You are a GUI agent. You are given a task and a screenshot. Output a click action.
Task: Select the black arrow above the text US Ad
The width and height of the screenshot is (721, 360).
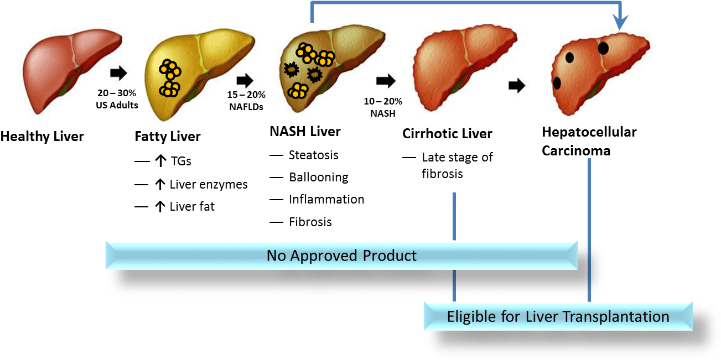(x=118, y=73)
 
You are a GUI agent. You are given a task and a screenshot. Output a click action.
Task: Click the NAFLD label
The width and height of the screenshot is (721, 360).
(x=243, y=107)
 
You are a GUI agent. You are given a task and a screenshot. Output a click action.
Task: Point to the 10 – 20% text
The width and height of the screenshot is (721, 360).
(x=382, y=102)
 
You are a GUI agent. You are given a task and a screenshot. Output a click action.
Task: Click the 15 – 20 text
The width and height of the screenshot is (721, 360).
(x=243, y=95)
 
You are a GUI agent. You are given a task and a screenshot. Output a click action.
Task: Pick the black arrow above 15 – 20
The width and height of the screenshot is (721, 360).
(x=244, y=81)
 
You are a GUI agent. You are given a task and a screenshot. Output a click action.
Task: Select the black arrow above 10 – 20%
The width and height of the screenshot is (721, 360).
(x=386, y=81)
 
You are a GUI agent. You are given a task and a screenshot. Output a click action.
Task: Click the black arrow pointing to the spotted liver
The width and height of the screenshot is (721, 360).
(x=516, y=86)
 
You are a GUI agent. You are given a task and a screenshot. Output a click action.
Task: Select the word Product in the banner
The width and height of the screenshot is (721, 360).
(x=390, y=255)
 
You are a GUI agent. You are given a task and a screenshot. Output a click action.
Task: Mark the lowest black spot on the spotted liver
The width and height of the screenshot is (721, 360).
(x=557, y=83)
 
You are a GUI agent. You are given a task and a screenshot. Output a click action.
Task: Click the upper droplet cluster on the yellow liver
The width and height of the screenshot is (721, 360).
(x=170, y=69)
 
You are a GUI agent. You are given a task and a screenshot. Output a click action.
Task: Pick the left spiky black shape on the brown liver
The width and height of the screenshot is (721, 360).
(x=291, y=70)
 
